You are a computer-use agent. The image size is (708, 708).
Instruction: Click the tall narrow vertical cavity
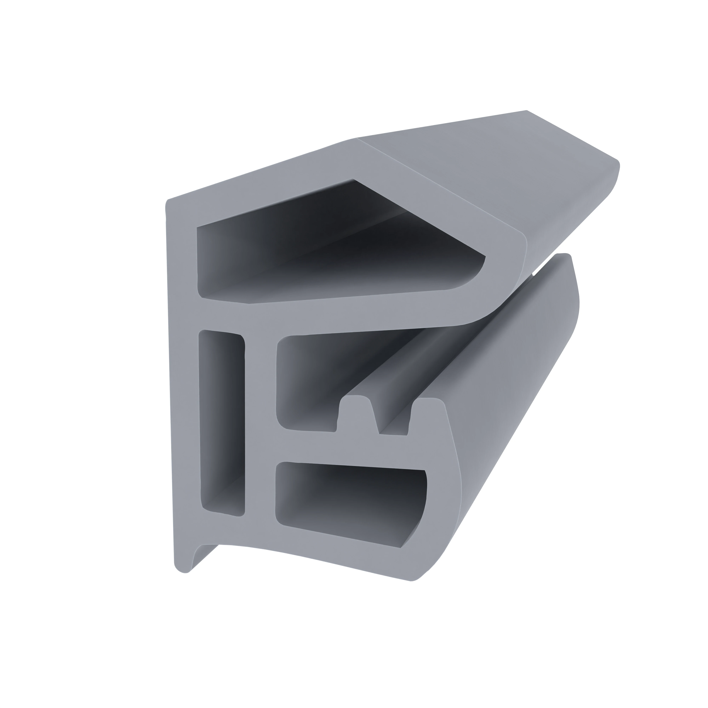(222, 421)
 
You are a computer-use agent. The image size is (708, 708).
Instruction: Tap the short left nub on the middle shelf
(354, 410)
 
